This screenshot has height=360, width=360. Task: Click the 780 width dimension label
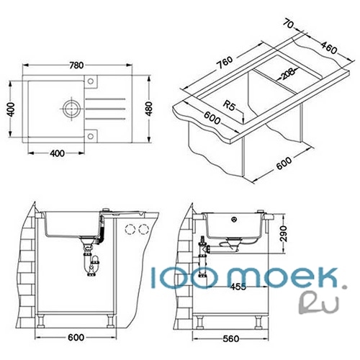pos(76,66)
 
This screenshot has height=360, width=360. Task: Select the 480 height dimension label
pos(149,109)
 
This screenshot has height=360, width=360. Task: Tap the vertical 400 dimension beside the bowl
pos(11,109)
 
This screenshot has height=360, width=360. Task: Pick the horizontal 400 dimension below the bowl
pos(57,153)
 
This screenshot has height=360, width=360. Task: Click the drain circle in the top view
pos(71,109)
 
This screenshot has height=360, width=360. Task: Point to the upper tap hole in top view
pos(91,81)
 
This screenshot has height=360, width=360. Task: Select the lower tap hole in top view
pos(91,136)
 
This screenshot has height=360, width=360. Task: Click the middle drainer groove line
pos(105,109)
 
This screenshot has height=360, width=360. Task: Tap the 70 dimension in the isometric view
pos(288,24)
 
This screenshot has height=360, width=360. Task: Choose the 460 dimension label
pos(329,48)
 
